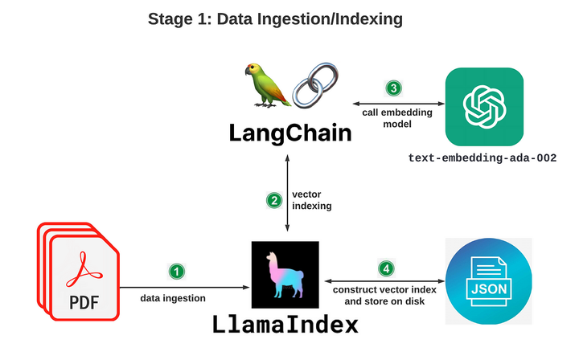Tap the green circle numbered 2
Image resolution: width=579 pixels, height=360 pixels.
pyautogui.click(x=273, y=200)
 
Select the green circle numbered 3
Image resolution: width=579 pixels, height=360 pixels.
pyautogui.click(x=394, y=88)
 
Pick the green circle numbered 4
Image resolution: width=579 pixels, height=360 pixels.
pyautogui.click(x=386, y=268)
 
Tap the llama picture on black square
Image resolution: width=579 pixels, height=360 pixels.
pyautogui.click(x=285, y=273)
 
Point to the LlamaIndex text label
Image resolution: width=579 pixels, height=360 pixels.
pyautogui.click(x=285, y=325)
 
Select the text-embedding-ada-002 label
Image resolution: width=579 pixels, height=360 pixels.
pyautogui.click(x=482, y=159)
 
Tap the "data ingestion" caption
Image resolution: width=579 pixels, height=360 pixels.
pyautogui.click(x=173, y=298)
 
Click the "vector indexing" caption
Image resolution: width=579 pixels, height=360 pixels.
pyautogui.click(x=310, y=200)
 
